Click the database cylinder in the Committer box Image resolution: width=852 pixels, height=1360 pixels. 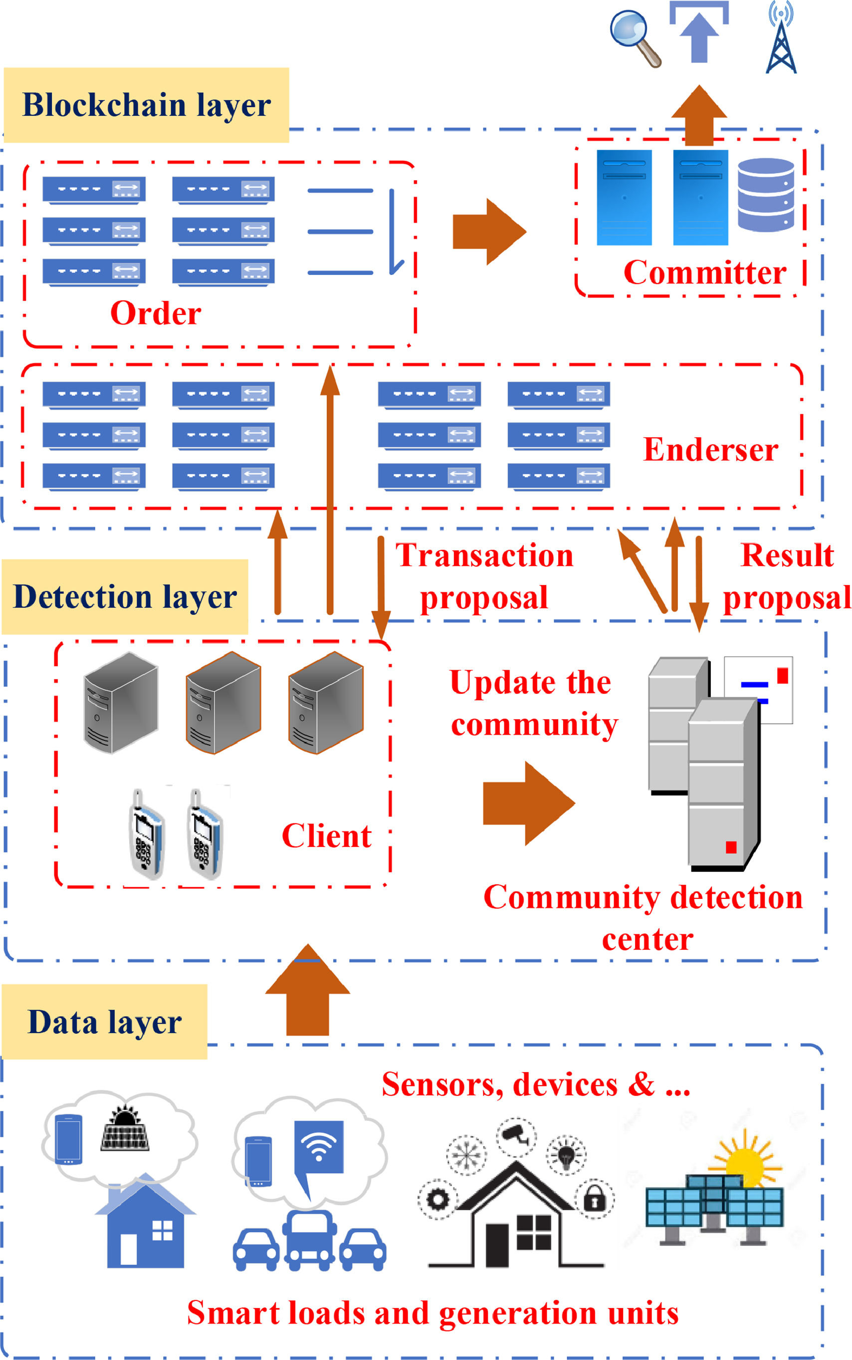pyautogui.click(x=766, y=195)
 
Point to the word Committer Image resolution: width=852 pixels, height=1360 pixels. pyautogui.click(x=704, y=273)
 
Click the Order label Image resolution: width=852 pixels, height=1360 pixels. pyautogui.click(x=156, y=313)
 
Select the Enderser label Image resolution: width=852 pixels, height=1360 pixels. pyautogui.click(x=710, y=450)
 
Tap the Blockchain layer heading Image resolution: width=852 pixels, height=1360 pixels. pyautogui.click(x=147, y=105)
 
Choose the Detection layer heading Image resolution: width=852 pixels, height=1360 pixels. pyautogui.click(x=125, y=597)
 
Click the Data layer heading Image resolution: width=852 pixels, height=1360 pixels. pyautogui.click(x=104, y=1022)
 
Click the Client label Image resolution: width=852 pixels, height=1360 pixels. pyautogui.click(x=326, y=836)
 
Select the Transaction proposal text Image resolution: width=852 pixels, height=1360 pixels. pyautogui.click(x=484, y=576)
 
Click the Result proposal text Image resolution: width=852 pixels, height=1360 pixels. pyautogui.click(x=787, y=576)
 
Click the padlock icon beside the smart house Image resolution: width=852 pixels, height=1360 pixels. pyautogui.click(x=594, y=1200)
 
